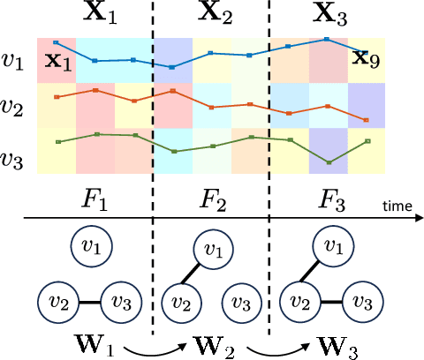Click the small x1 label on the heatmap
pyautogui.click(x=58, y=62)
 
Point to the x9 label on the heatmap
pyautogui.click(x=361, y=59)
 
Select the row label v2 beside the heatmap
pyautogui.click(x=13, y=109)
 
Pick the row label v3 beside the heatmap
pyautogui.click(x=13, y=160)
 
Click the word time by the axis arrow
pyautogui.click(x=397, y=205)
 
